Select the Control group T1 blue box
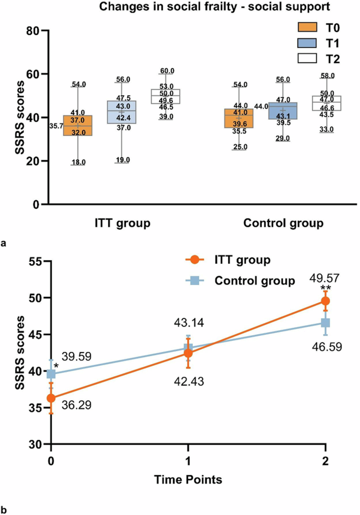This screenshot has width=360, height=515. [x=282, y=111]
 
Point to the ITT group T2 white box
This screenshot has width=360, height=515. [x=166, y=96]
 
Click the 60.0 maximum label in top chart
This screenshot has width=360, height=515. [x=166, y=71]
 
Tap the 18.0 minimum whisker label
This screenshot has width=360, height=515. [x=78, y=163]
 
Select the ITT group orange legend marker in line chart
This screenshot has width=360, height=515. [x=194, y=260]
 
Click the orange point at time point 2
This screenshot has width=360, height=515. [x=325, y=301]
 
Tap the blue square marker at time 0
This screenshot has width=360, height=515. [x=51, y=374]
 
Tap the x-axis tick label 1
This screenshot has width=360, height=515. [x=188, y=461]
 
